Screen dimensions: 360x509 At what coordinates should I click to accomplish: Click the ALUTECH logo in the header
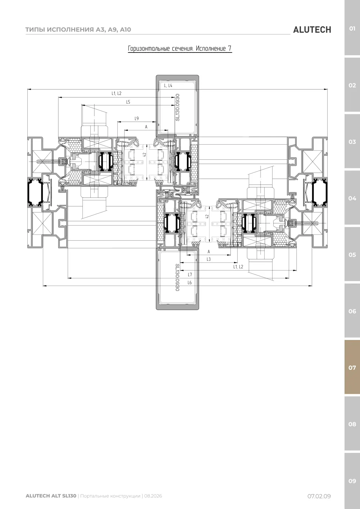pyautogui.click(x=312, y=30)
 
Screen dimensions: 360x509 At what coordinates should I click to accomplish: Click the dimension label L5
pyautogui.click(x=128, y=102)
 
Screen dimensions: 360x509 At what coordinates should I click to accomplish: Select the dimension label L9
pyautogui.click(x=137, y=118)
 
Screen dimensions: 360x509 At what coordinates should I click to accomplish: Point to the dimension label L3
pyautogui.click(x=208, y=259)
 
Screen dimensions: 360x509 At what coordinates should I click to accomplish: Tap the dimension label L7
pyautogui.click(x=190, y=274)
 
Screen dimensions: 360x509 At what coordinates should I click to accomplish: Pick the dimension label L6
pyautogui.click(x=190, y=282)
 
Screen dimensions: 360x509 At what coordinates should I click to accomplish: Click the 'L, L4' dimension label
pyautogui.click(x=168, y=86)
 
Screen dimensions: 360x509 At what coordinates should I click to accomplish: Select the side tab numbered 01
pyautogui.click(x=352, y=28)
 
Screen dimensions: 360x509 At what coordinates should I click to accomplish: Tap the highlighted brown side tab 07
pyautogui.click(x=352, y=367)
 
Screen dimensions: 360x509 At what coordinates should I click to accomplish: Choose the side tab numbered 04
pyautogui.click(x=352, y=198)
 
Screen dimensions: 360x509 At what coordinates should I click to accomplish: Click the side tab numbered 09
pyautogui.click(x=352, y=481)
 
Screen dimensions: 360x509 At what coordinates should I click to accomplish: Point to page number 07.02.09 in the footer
pyautogui.click(x=319, y=496)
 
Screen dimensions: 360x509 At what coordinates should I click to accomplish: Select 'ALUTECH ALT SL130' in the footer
pyautogui.click(x=51, y=496)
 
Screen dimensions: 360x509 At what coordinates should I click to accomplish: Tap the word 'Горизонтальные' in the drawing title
pyautogui.click(x=149, y=49)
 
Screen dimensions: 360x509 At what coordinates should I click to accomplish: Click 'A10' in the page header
pyautogui.click(x=125, y=29)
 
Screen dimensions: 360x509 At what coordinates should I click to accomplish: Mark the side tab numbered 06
pyautogui.click(x=352, y=311)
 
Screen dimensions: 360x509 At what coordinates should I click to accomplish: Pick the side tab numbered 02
pyautogui.click(x=352, y=85)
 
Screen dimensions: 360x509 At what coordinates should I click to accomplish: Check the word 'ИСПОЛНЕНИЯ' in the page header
pyautogui.click(x=70, y=29)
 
